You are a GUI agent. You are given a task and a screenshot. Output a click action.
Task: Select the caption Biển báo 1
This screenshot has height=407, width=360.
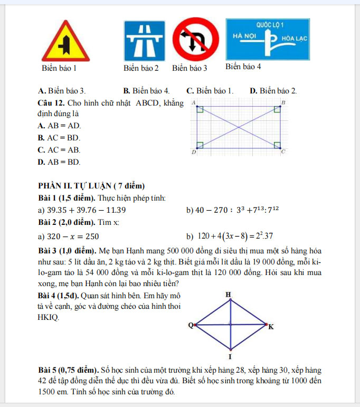pyautogui.click(x=59, y=68)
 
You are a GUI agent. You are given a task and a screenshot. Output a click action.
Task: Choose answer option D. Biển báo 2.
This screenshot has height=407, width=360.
pyautogui.click(x=273, y=91)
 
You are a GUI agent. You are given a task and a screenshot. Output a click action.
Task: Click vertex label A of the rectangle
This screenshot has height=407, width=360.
pyautogui.click(x=193, y=101)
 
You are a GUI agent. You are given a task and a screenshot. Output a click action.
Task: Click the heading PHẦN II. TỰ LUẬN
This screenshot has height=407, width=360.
pyautogui.click(x=91, y=185)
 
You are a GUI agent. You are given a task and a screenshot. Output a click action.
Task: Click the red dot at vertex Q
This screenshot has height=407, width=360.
pyautogui.click(x=196, y=325)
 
